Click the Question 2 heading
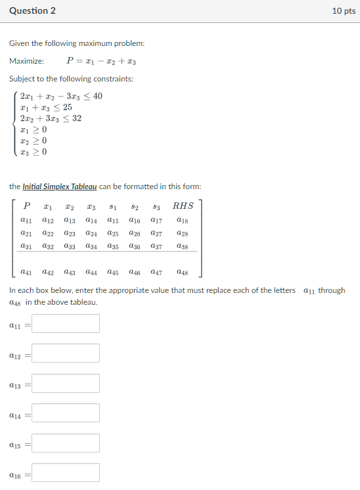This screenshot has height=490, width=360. [32, 11]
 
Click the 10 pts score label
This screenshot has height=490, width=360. [344, 11]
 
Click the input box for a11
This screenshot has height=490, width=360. [66, 323]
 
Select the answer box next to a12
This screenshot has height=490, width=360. [66, 353]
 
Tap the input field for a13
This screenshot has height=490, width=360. [66, 383]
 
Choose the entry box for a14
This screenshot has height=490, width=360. [66, 412]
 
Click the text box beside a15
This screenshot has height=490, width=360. [66, 443]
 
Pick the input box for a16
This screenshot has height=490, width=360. [66, 472]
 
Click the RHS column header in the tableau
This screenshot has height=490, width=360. [183, 206]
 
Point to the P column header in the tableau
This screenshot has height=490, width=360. [27, 206]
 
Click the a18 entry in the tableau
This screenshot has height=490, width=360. [183, 221]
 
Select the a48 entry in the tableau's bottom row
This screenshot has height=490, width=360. [183, 271]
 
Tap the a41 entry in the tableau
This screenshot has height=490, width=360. [27, 271]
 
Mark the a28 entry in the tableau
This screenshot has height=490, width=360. [183, 233]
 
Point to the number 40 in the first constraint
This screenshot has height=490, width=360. [97, 97]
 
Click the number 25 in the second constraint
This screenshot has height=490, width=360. [68, 107]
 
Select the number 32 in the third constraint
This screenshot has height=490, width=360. [77, 118]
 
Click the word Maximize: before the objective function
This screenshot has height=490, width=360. [27, 61]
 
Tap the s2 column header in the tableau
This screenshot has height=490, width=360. [134, 206]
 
